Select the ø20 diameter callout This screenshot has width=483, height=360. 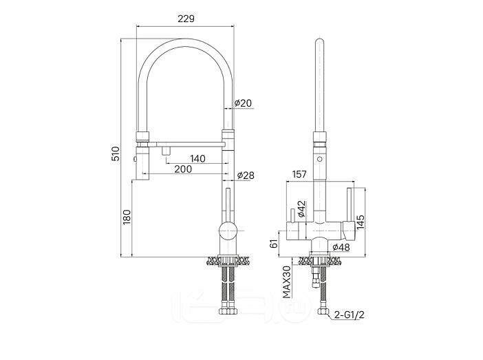tap(244, 103)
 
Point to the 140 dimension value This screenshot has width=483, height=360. tap(197, 158)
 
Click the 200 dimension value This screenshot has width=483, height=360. tap(182, 169)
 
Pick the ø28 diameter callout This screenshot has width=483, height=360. tap(246, 176)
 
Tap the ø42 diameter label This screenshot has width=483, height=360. tap(301, 209)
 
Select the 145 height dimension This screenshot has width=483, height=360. tap(361, 222)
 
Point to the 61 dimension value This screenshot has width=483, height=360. tap(275, 242)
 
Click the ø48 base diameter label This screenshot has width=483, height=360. tap(341, 247)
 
